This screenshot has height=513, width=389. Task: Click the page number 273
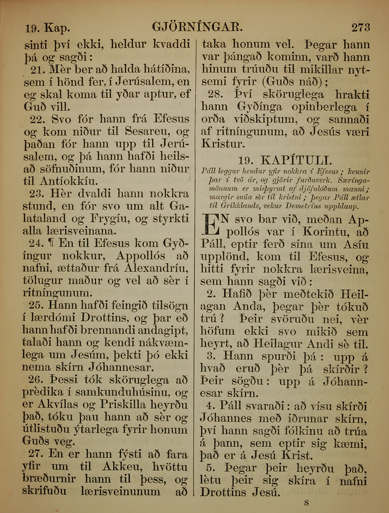click(x=361, y=27)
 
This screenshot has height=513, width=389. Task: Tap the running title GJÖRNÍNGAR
click(x=197, y=27)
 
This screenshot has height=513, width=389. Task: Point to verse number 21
click(x=38, y=69)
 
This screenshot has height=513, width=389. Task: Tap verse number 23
click(x=38, y=194)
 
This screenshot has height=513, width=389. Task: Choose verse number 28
click(x=215, y=95)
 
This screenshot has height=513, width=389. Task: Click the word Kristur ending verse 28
click(x=223, y=144)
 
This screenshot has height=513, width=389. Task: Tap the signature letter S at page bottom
click(x=307, y=502)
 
